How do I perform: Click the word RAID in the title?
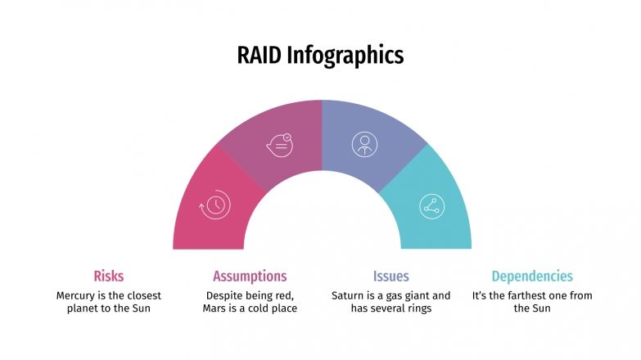click(x=260, y=56)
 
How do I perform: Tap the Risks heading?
click(x=109, y=276)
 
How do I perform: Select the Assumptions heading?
click(x=250, y=276)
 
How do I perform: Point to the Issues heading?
click(x=390, y=276)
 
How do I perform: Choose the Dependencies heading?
click(x=532, y=276)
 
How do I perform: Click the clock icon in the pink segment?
click(x=214, y=205)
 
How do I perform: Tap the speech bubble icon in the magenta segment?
click(x=279, y=145)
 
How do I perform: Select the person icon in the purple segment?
click(x=364, y=144)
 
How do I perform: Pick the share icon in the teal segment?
click(x=431, y=205)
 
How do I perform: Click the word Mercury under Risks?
click(x=75, y=295)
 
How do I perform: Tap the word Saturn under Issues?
click(x=349, y=295)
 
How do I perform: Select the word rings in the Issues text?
click(x=416, y=308)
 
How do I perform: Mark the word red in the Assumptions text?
click(x=285, y=295)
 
